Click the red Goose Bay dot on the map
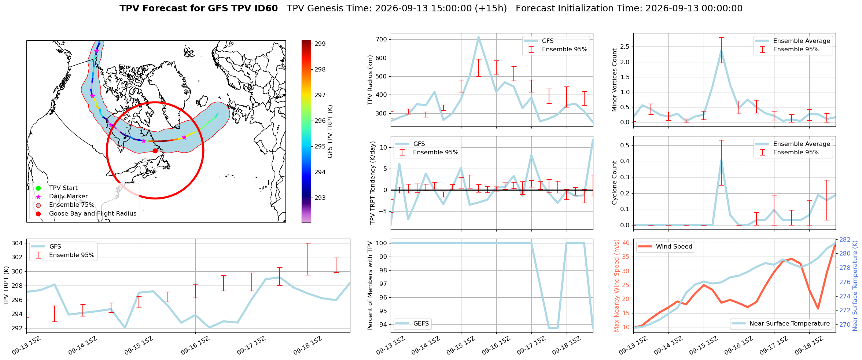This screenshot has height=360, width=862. (155, 151)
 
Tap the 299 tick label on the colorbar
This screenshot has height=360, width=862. (320, 44)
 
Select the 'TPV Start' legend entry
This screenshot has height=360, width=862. (63, 188)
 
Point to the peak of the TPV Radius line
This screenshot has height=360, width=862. (478, 37)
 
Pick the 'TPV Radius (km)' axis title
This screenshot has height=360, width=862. (370, 80)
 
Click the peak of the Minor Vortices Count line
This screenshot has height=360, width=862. (721, 50)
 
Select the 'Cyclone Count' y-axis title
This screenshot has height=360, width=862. (615, 182)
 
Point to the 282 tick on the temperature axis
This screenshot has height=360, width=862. (845, 239)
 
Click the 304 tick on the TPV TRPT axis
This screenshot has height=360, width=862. (17, 243)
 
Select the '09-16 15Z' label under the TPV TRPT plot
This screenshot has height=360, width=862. (195, 345)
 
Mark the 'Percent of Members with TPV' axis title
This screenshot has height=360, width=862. (370, 286)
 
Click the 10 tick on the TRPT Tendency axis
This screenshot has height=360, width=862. (383, 147)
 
